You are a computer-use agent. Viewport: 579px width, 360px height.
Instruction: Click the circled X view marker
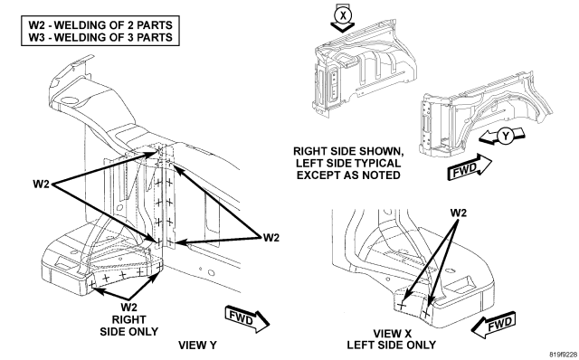[x=344, y=15]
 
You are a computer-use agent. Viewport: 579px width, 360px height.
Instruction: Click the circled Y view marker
[x=505, y=137]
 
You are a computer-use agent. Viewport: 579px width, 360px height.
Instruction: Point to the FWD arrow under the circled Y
[x=470, y=167]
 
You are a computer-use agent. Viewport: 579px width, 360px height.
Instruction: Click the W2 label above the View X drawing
[x=459, y=213]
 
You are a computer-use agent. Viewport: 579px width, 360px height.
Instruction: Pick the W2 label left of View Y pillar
[x=41, y=184]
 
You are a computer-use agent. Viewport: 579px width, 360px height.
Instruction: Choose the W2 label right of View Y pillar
[x=271, y=238]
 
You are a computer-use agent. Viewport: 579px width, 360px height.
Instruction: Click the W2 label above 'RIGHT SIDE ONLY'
[x=128, y=308]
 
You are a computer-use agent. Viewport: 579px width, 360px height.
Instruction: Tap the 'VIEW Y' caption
[x=197, y=346]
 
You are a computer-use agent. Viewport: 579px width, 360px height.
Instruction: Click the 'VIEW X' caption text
[x=392, y=334]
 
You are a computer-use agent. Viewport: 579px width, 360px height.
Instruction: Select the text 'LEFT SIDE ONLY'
[x=391, y=346]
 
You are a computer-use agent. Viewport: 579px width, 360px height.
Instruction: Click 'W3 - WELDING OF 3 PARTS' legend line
[x=100, y=37]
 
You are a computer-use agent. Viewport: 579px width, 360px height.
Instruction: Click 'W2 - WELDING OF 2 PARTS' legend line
[x=100, y=25]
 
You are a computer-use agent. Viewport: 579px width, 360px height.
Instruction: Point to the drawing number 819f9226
[x=564, y=355]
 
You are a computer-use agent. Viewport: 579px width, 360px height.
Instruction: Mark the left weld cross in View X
[x=402, y=305]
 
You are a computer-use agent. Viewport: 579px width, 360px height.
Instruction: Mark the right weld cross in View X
[x=426, y=314]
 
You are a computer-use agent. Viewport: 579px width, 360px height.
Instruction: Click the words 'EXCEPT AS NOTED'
[x=348, y=175]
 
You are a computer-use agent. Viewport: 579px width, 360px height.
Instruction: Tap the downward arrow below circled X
[x=342, y=27]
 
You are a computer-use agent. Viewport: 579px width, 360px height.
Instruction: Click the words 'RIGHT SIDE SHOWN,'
[x=348, y=151]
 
